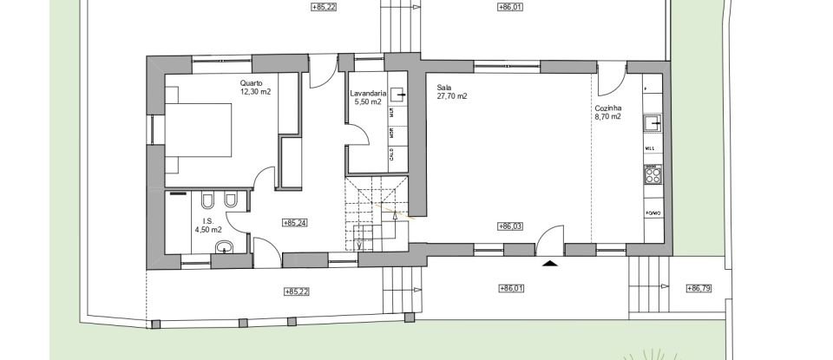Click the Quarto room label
click(252, 83)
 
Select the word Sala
click(444, 88)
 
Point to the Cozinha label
click(607, 108)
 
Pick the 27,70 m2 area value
click(452, 96)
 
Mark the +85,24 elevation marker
click(295, 223)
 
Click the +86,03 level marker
click(510, 226)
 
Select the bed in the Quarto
click(200, 131)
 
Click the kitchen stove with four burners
click(653, 176)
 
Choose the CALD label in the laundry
click(393, 155)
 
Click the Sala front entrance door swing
click(548, 238)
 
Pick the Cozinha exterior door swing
click(608, 79)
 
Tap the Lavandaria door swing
click(358, 135)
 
